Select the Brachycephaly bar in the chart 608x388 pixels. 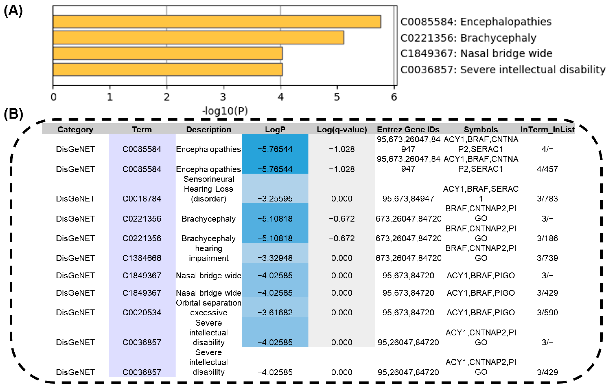pyautogui.click(x=198, y=38)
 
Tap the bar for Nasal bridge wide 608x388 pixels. pyautogui.click(x=168, y=53)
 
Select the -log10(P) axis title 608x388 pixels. pyautogui.click(x=225, y=111)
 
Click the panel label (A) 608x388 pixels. pyautogui.click(x=13, y=11)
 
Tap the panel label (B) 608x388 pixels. pyautogui.click(x=13, y=114)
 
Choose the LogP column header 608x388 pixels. pyautogui.click(x=275, y=129)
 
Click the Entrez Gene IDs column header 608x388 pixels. pyautogui.click(x=408, y=129)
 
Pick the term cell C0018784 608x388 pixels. pyautogui.click(x=142, y=199)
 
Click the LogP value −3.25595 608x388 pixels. pyautogui.click(x=275, y=199)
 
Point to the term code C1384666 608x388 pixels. pyautogui.click(x=142, y=258)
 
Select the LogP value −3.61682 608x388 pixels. pyautogui.click(x=275, y=312)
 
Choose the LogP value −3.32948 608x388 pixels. pyautogui.click(x=275, y=258)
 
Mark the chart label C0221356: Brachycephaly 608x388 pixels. pyautogui.click(x=468, y=38)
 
